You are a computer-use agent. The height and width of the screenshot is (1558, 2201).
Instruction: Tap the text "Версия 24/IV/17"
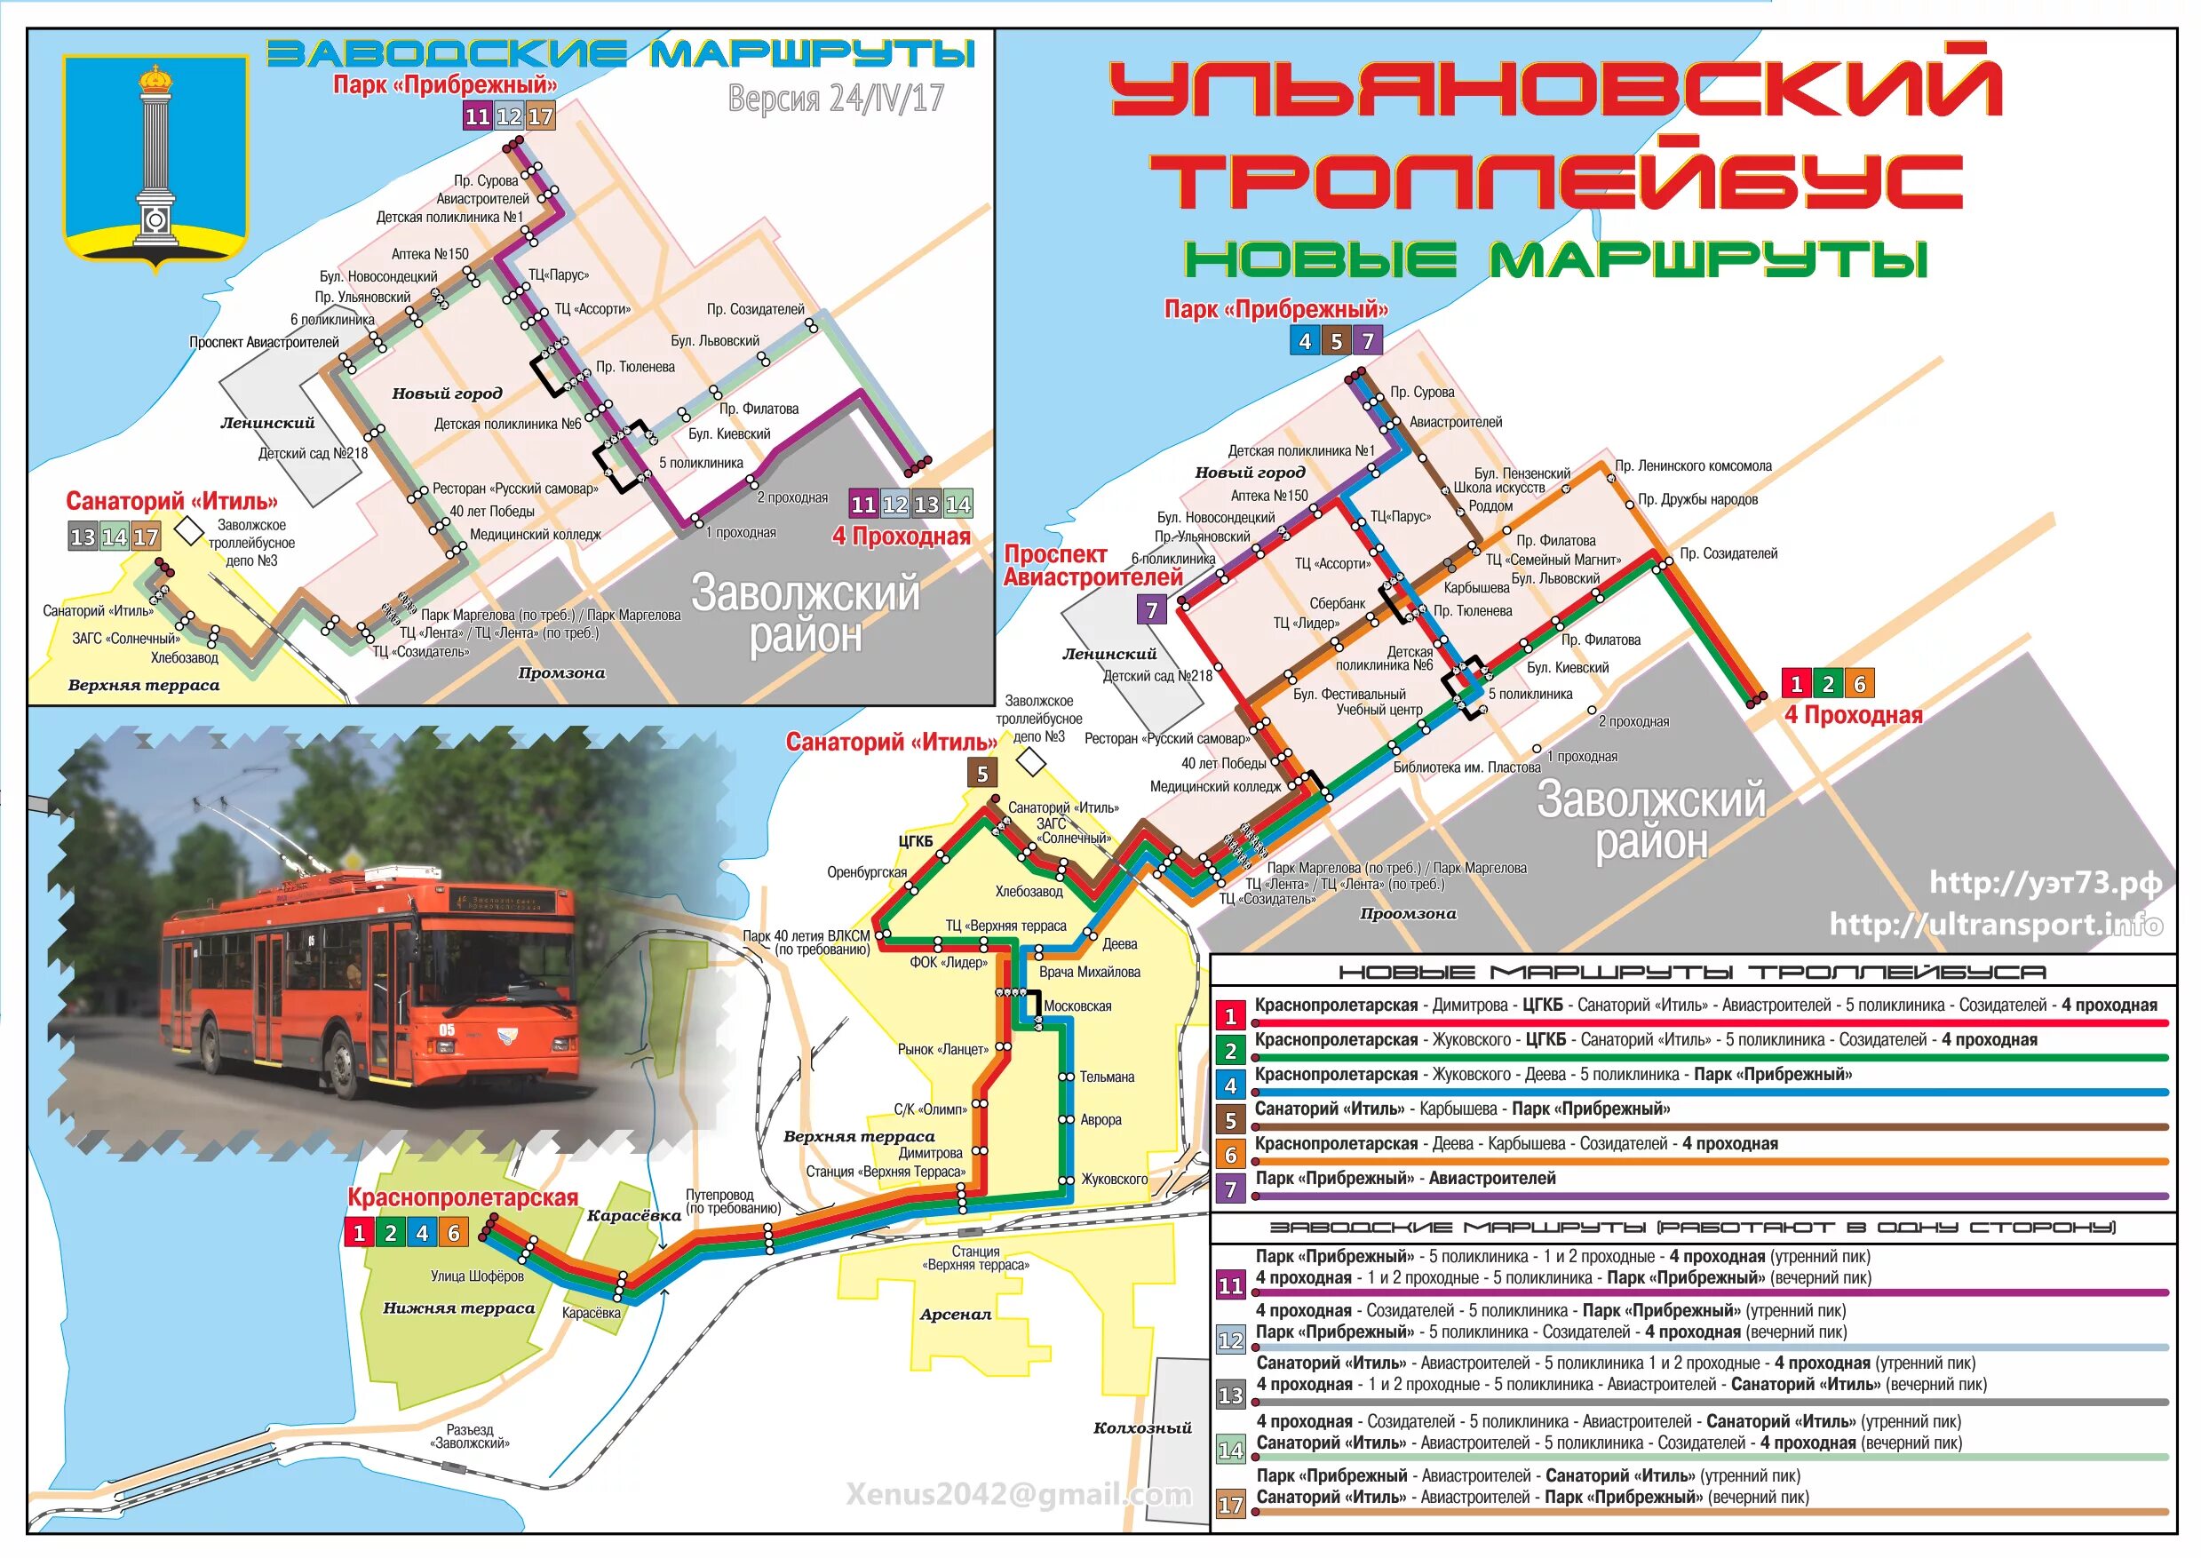[835, 98]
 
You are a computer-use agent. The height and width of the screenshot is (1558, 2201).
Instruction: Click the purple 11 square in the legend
[1230, 1285]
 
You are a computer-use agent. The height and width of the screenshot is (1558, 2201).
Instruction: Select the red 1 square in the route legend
[1230, 1016]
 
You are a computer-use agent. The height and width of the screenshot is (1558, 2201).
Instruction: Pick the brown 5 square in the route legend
[1230, 1119]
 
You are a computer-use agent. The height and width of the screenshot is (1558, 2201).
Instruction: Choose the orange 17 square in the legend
[1230, 1505]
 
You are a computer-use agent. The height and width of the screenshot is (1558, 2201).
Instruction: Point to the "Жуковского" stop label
[1114, 1179]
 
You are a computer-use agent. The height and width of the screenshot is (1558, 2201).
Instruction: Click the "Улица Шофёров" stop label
[477, 1276]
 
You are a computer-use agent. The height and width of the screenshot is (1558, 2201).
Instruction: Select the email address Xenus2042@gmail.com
[1019, 1494]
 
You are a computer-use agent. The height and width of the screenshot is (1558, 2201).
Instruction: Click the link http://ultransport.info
[1996, 924]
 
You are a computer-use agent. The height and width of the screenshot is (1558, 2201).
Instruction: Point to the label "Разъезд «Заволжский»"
[470, 1436]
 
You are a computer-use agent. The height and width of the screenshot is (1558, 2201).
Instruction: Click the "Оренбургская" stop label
[866, 872]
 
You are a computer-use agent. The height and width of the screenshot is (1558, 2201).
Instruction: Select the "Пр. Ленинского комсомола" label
[1693, 466]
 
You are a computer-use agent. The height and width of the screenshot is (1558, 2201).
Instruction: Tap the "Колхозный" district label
[1142, 1427]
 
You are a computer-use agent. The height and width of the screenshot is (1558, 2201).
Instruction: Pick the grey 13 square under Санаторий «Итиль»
[83, 537]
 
